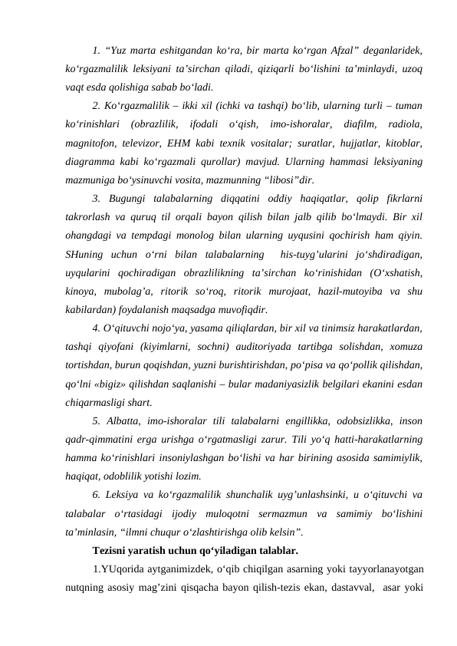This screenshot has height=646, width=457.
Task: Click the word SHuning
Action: point(84,251)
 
